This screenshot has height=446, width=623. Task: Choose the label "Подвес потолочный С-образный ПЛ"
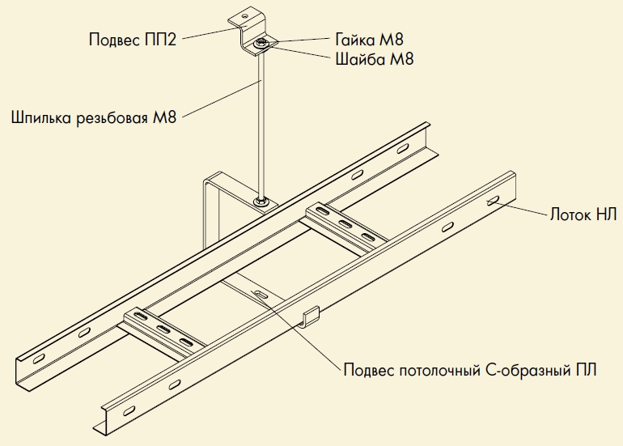click(x=470, y=371)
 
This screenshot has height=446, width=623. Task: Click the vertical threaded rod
click(x=260, y=121)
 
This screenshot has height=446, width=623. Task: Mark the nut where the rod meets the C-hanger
click(x=261, y=200)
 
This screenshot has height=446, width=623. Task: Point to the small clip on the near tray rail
click(x=311, y=317)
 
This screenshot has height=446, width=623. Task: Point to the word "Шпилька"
click(x=40, y=118)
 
